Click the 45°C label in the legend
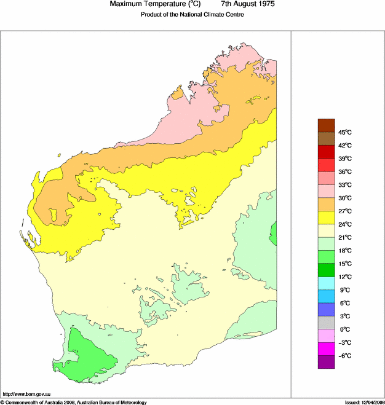point(344,132)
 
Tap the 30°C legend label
point(344,198)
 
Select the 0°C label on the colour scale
point(344,329)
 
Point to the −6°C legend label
point(344,356)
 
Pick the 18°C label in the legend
point(344,251)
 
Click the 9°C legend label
point(344,290)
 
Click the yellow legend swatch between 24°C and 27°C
point(326,218)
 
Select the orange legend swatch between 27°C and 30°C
point(326,204)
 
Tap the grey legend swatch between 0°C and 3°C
point(326,323)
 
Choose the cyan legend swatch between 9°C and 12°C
point(326,283)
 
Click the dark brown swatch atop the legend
point(326,125)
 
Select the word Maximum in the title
point(125,4)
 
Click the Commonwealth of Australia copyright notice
point(74,402)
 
